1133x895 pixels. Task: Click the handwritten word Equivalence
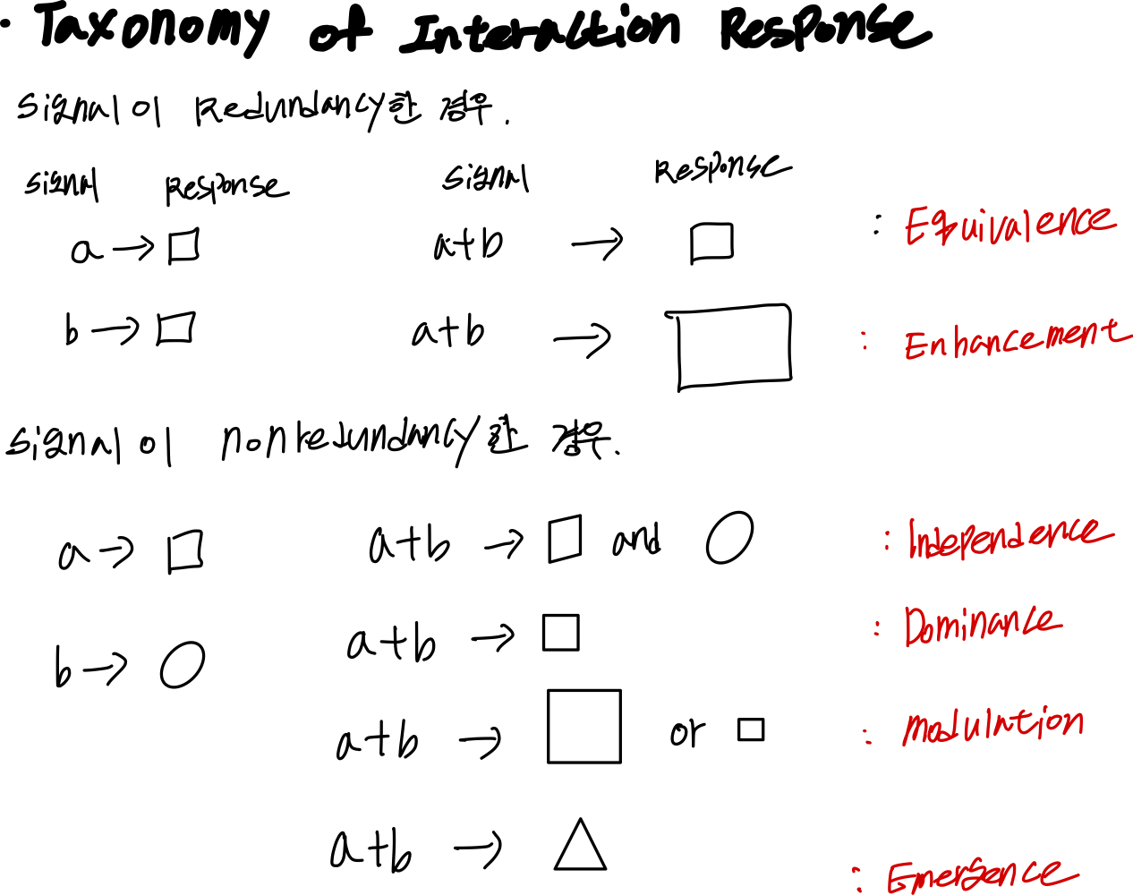(1010, 224)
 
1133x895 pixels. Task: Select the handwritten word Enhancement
(1017, 339)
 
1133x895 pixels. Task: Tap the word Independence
(1009, 537)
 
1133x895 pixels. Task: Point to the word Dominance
(983, 625)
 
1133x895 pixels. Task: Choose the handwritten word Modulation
(992, 726)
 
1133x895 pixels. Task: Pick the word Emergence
(983, 875)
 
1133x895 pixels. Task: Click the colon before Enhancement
(865, 340)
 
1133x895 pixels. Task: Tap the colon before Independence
(887, 541)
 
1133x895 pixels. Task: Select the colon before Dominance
(876, 628)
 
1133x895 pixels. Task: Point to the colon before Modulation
(867, 736)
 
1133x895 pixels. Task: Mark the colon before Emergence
(857, 878)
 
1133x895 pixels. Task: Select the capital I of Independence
(912, 539)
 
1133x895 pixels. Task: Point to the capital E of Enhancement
(915, 345)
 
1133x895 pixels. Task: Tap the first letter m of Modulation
(916, 729)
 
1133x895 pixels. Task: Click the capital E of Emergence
(898, 878)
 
